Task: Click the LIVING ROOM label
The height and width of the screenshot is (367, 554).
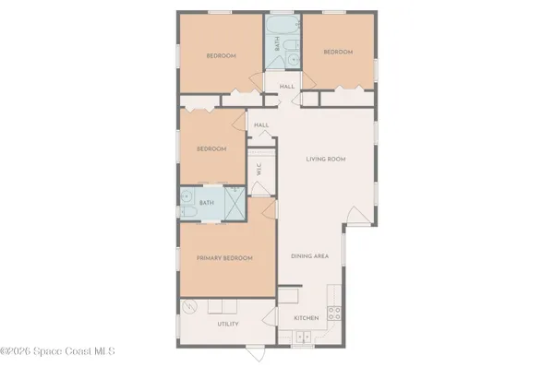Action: point(326,160)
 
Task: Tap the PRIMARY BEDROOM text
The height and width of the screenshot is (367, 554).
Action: point(224,258)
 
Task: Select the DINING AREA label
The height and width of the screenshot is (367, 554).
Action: point(310,256)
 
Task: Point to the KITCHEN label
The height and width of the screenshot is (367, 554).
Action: point(307,318)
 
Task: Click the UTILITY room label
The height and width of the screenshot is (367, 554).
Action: point(228,324)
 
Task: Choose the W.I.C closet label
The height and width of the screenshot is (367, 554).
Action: point(259,170)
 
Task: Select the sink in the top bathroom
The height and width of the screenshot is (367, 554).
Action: point(293,60)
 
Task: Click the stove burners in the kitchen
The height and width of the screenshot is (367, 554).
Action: point(333,314)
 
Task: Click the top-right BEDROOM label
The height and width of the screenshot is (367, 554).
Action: point(338,53)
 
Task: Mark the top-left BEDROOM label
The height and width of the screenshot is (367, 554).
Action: point(221,56)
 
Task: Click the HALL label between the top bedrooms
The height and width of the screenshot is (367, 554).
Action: point(287,87)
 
